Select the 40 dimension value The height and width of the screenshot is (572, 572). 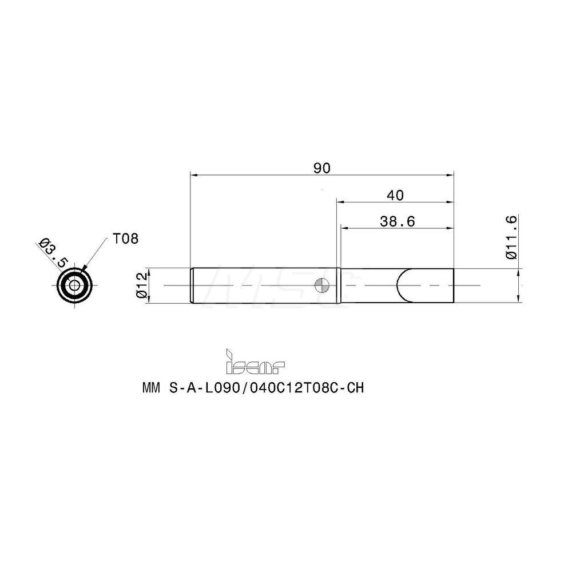click(395, 195)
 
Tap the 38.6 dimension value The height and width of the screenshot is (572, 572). click(397, 221)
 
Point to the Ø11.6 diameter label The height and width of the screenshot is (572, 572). click(511, 237)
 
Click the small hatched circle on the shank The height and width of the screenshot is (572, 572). click(322, 285)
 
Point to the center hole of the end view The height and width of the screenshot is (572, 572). click(75, 285)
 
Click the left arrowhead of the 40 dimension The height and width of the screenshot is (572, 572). click(340, 201)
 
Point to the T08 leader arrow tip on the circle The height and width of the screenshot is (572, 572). click(84, 269)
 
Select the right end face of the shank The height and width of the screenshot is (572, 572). click(454, 285)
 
